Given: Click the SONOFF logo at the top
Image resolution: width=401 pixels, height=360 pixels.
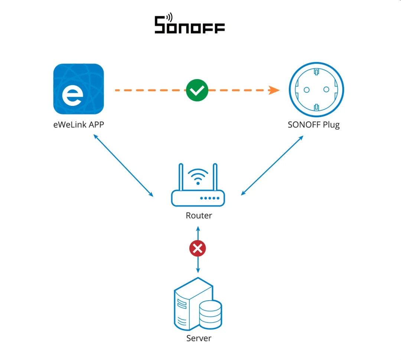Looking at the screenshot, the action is (x=189, y=23).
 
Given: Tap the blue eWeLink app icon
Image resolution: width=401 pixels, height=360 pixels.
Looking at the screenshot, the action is (x=78, y=89).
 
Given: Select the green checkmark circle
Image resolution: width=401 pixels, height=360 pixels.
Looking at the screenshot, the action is (x=197, y=90).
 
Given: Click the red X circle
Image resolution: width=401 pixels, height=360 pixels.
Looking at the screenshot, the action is (x=198, y=248).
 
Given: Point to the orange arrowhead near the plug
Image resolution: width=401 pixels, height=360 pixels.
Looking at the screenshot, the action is (x=274, y=90).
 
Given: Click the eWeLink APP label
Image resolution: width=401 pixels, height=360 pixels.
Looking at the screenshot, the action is (x=78, y=124).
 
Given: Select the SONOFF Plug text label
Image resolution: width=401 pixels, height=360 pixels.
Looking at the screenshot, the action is (x=313, y=125).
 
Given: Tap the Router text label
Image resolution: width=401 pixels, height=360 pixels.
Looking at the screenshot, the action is (x=199, y=215).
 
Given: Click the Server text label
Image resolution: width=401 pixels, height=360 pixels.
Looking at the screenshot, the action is (x=199, y=338).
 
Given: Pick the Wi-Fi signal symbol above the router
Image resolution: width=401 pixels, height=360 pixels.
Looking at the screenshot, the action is (x=198, y=176).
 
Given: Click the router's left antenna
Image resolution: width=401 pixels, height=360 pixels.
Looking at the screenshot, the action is (x=181, y=177).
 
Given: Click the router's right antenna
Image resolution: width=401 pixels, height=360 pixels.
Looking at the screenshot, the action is (x=215, y=177).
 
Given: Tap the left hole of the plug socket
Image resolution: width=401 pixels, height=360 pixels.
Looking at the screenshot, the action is (x=307, y=90).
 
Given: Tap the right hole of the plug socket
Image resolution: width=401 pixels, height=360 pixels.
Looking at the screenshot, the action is (x=326, y=90).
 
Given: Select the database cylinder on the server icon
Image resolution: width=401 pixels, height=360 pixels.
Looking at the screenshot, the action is (x=210, y=314).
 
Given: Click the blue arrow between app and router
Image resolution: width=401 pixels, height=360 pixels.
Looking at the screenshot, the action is (x=123, y=165).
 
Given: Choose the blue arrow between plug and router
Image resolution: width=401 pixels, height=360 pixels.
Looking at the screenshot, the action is (x=272, y=165).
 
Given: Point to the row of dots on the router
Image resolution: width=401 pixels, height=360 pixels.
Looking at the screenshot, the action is (x=210, y=198).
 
